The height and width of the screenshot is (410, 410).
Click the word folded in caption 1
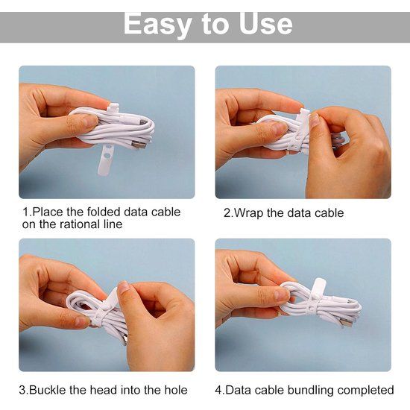tap(104, 212)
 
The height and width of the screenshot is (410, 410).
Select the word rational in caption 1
tap(79, 224)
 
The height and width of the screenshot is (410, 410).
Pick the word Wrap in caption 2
tap(248, 213)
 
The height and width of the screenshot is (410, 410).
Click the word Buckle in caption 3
tap(47, 390)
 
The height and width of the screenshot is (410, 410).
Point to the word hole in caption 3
tap(176, 390)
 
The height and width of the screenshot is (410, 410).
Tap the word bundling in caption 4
tap(310, 390)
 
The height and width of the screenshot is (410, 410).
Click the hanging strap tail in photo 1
tap(105, 160)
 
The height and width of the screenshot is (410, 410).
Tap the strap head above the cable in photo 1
tap(113, 108)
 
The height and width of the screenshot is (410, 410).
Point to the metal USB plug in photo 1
tap(137, 144)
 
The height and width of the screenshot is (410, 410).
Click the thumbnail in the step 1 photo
tap(91, 121)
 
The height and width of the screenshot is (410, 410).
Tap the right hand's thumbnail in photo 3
tap(123, 287)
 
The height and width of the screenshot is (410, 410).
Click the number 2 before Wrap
tap(227, 213)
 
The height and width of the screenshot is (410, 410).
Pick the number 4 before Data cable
tap(218, 390)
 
